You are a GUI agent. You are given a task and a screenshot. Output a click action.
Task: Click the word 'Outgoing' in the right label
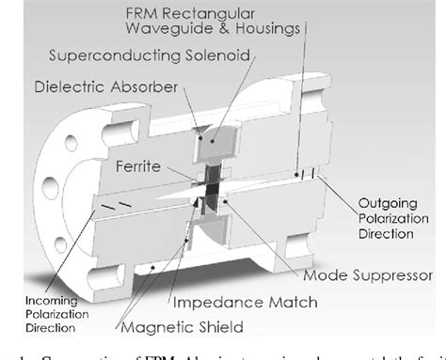click(x=384, y=203)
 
